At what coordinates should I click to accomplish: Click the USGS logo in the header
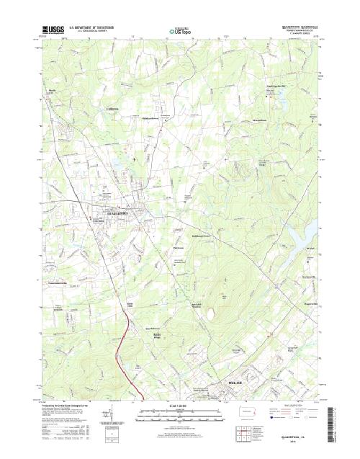coord(53,32)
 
